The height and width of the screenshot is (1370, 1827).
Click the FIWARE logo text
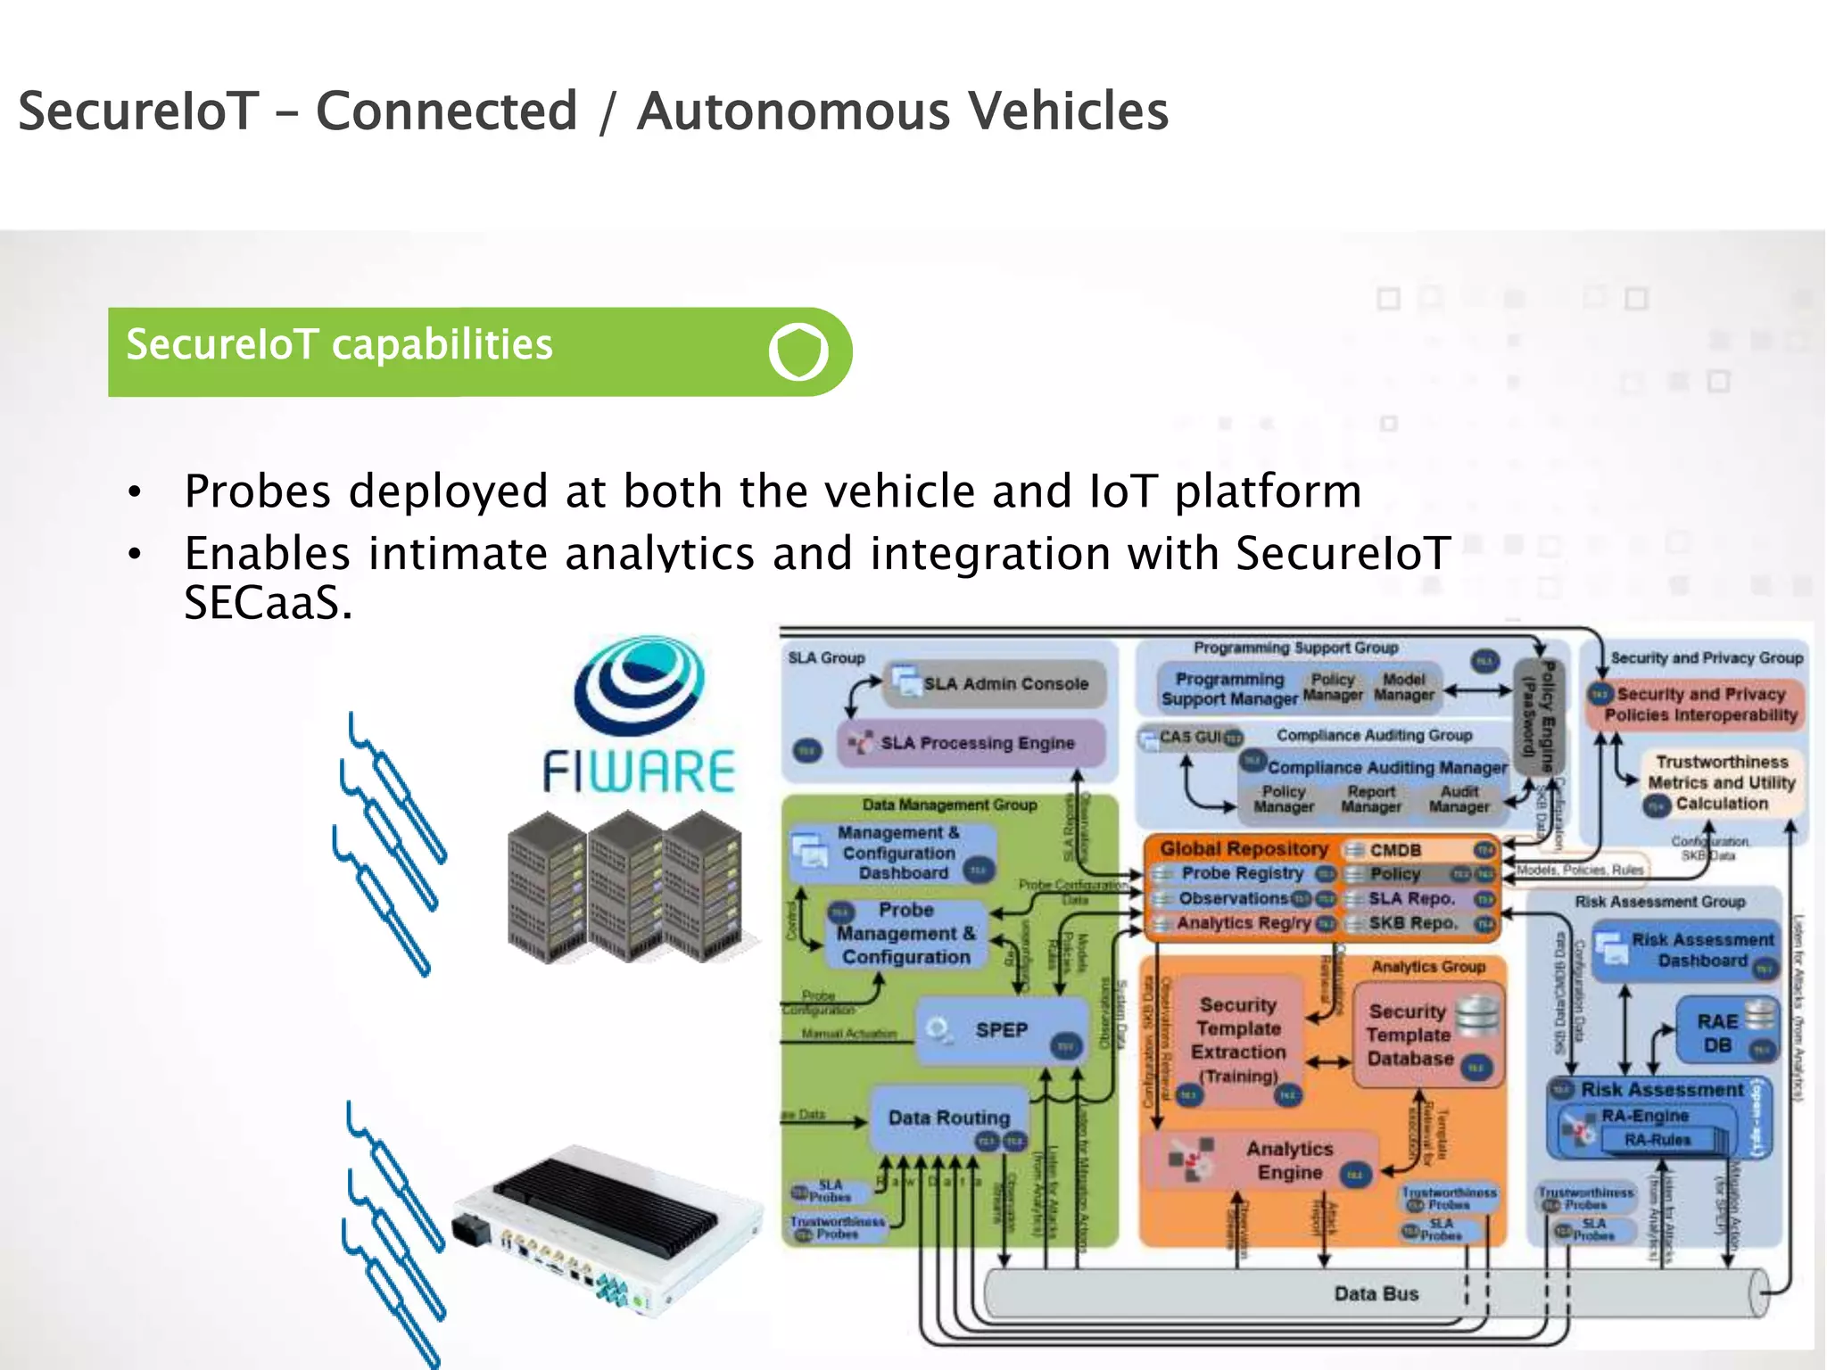tap(639, 772)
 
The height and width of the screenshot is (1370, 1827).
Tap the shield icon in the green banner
tap(798, 351)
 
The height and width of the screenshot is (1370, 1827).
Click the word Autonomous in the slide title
tap(793, 111)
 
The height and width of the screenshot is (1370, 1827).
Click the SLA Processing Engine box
tap(972, 743)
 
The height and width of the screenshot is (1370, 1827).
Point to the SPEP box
tap(1001, 1031)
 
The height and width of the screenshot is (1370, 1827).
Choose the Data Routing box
tap(949, 1118)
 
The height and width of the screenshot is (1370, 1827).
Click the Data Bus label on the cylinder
tap(1376, 1293)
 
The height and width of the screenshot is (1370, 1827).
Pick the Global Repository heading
tap(1244, 848)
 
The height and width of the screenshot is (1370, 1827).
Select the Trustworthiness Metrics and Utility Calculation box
tap(1720, 782)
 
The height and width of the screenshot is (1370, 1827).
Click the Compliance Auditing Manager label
tap(1386, 767)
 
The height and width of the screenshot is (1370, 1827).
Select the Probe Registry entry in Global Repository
tap(1242, 873)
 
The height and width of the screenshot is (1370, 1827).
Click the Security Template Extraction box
tap(1238, 1040)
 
